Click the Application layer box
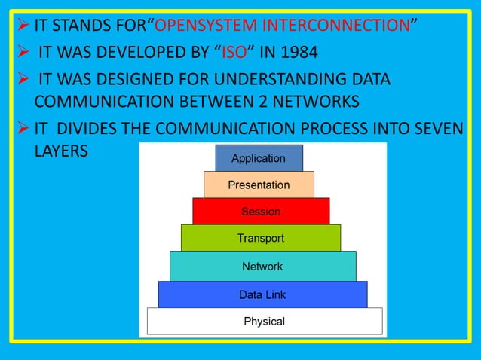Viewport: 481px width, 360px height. click(259, 158)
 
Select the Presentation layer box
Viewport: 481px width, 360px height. click(259, 185)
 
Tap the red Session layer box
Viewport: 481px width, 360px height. click(261, 211)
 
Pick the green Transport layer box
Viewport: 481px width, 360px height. click(261, 238)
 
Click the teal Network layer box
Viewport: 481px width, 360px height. click(262, 266)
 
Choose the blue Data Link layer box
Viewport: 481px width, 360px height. click(262, 294)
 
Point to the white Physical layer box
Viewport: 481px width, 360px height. click(264, 321)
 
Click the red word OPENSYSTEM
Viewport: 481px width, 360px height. click(200, 26)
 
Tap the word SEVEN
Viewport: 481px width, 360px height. click(437, 128)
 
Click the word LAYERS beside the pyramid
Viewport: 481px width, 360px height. click(61, 150)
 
